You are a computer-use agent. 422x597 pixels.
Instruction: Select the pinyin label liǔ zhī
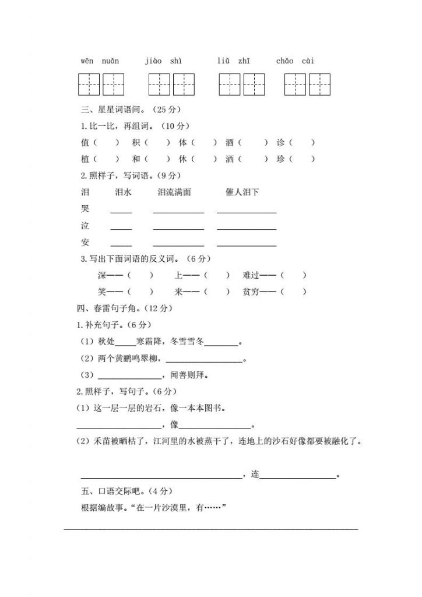coord(234,61)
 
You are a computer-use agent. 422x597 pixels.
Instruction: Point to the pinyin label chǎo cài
coord(298,61)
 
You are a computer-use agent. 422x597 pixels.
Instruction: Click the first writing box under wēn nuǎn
coord(89,85)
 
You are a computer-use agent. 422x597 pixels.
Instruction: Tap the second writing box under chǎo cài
coord(320,85)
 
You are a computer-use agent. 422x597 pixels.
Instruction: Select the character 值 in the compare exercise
coord(86,142)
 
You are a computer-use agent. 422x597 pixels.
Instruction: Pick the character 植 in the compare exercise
coord(86,159)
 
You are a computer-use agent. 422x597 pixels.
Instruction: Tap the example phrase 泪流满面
coord(174,192)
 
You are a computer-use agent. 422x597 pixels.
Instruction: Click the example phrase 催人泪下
coord(242,192)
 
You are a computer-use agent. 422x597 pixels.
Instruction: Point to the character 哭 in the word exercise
coord(86,209)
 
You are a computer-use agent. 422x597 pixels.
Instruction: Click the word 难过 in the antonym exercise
coord(251,275)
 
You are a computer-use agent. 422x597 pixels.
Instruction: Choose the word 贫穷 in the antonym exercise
coord(251,292)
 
